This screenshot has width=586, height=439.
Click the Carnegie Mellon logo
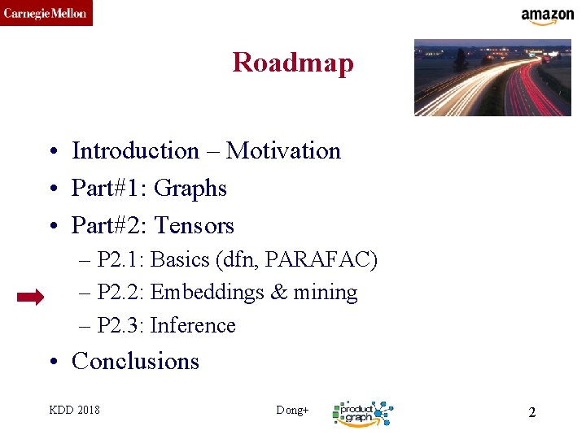(46, 13)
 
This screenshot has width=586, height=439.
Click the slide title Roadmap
(293, 63)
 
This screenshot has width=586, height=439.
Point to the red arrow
(31, 298)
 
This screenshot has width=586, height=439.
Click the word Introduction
(135, 150)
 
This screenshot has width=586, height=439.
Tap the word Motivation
(283, 150)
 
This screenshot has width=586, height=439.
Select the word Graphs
(190, 188)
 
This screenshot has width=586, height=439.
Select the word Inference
(193, 325)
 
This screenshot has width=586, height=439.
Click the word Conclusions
(135, 361)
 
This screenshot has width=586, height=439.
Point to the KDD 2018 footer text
(75, 410)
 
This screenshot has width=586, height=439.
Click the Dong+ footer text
(292, 410)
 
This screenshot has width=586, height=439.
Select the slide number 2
(532, 412)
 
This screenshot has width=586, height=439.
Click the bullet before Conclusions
(51, 362)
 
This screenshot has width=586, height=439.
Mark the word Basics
(180, 260)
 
